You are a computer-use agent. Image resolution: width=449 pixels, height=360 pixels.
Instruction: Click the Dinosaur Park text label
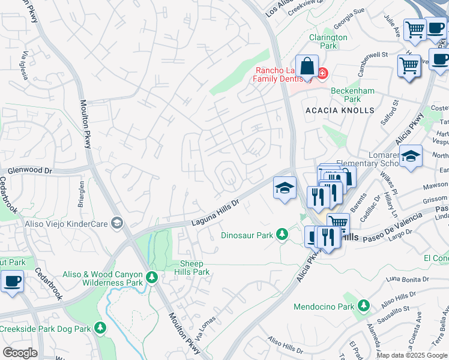pyautogui.click(x=247, y=235)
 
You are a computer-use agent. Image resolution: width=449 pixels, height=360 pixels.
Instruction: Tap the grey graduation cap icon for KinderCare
pyautogui.click(x=117, y=223)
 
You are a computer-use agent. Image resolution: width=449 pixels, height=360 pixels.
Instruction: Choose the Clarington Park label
pyautogui.click(x=328, y=41)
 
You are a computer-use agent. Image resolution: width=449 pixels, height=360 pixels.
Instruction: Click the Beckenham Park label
pyautogui.click(x=354, y=95)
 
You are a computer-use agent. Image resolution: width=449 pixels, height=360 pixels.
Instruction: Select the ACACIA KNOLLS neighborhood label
pyautogui.click(x=340, y=110)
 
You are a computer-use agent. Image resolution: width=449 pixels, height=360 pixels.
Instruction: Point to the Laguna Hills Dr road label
pyautogui.click(x=215, y=213)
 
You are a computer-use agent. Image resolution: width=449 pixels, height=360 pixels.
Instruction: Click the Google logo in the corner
pyautogui.click(x=20, y=353)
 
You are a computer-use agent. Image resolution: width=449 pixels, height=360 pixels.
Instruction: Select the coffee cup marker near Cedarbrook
pyautogui.click(x=12, y=281)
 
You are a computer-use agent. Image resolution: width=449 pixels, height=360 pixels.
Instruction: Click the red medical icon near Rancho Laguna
pyautogui.click(x=322, y=73)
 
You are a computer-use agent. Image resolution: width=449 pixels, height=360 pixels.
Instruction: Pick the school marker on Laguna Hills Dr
pyautogui.click(x=285, y=188)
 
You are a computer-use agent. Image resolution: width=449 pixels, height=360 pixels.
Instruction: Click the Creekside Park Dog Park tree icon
pyautogui.click(x=100, y=328)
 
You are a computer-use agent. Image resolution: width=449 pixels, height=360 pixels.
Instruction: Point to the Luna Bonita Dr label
pyautogui.click(x=408, y=279)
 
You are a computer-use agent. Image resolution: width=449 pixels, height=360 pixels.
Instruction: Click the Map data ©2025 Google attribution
pyautogui.click(x=412, y=355)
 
